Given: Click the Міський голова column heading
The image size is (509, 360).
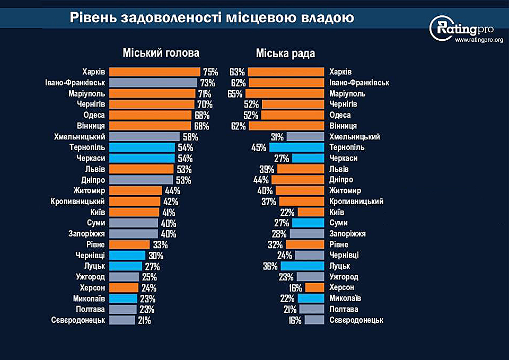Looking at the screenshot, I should click(161, 53).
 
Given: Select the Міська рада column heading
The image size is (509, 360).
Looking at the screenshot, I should click(285, 53).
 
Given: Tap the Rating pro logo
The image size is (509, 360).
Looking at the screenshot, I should click(459, 28).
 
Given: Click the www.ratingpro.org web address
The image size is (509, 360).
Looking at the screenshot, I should click(479, 40).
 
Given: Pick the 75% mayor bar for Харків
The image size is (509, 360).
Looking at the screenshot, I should click(154, 72).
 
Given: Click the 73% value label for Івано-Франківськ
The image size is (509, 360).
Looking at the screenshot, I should click(208, 83).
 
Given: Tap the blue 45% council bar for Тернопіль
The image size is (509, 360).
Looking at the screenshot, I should click(296, 147).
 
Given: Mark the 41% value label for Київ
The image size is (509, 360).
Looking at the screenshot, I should click(169, 212).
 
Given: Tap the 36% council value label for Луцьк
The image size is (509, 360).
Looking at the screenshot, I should click(270, 266).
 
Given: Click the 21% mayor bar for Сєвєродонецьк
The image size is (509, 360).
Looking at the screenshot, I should click(122, 320).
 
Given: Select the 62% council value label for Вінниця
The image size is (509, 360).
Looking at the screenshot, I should click(238, 126).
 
